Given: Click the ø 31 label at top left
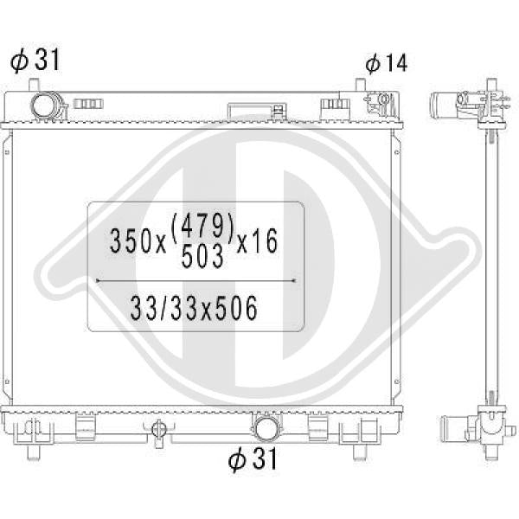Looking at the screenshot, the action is click(x=35, y=60).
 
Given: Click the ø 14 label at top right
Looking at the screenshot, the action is click(x=387, y=63).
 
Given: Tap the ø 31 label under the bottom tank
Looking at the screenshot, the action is click(x=253, y=459).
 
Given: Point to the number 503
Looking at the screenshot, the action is click(x=202, y=257).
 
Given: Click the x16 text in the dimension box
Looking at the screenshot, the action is click(x=257, y=241).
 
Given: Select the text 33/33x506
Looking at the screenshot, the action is click(x=194, y=309).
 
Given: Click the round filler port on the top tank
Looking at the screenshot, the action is click(x=44, y=106).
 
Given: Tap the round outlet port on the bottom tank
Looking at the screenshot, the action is click(x=266, y=429).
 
